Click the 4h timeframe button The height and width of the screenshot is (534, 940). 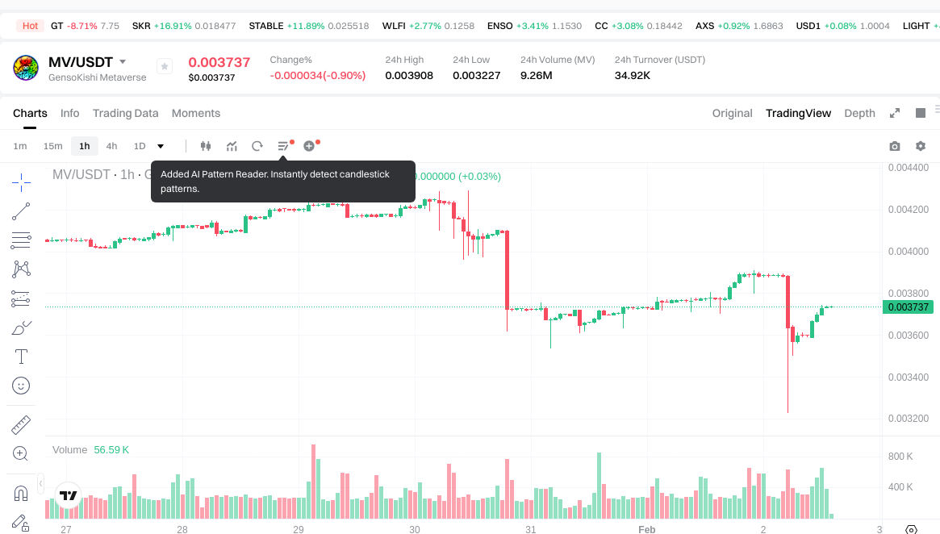[111, 146]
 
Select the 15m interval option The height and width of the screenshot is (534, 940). [52, 146]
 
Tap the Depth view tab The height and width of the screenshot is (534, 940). [859, 113]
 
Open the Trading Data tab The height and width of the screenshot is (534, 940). [125, 113]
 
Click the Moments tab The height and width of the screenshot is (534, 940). [196, 113]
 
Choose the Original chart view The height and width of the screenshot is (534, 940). [732, 113]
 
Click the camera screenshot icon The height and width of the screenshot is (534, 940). [894, 146]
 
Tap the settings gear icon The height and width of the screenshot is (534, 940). [921, 146]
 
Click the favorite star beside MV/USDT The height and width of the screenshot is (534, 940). [164, 67]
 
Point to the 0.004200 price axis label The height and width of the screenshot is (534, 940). [908, 210]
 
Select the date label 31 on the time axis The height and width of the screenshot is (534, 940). [530, 530]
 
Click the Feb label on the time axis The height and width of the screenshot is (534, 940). [646, 530]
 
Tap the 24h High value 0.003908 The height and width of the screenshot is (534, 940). [409, 76]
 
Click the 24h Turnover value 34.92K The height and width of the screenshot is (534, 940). [633, 76]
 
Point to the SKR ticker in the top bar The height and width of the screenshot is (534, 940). [141, 26]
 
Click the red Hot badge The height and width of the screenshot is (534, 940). [30, 26]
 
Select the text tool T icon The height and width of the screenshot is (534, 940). [21, 357]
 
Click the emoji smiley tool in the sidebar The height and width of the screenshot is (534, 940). [21, 386]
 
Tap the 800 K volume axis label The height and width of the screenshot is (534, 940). [900, 457]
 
